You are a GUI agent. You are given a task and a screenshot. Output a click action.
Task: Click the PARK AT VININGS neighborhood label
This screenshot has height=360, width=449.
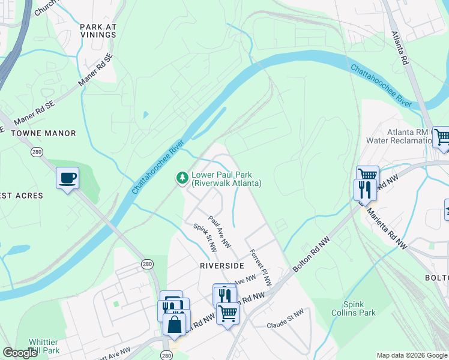point(98,31)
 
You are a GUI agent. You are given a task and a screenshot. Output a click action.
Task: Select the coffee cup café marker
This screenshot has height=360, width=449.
point(67,178)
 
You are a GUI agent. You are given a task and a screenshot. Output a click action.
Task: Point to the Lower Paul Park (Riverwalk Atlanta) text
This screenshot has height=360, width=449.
point(226,179)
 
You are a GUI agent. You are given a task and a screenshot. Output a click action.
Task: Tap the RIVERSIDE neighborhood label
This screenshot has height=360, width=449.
point(222,265)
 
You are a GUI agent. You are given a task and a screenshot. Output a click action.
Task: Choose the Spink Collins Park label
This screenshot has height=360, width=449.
point(358,308)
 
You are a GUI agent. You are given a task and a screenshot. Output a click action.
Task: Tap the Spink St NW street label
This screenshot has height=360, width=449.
point(204,238)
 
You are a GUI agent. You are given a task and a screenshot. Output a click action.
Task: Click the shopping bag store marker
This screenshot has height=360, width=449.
point(175,325)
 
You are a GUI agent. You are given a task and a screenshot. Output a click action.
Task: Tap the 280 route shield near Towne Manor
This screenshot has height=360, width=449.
point(37,152)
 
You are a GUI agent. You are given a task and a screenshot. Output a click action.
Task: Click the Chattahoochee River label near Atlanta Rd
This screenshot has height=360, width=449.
point(381,83)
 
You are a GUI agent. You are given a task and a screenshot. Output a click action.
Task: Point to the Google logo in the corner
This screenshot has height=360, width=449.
point(20,353)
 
